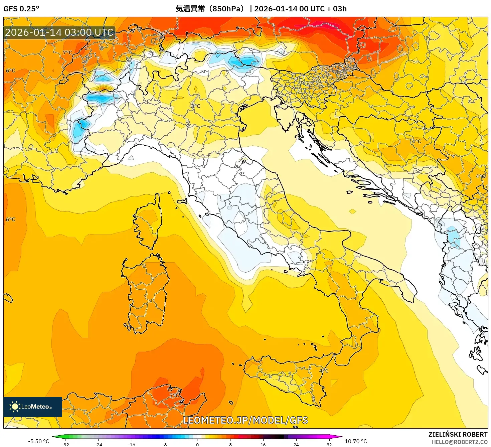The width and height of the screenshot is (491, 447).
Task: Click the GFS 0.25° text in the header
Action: point(21,9)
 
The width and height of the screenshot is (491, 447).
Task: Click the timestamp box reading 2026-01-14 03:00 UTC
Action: point(59,32)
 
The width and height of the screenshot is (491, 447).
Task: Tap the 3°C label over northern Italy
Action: point(195,106)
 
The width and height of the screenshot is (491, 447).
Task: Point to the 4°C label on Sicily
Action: point(324,370)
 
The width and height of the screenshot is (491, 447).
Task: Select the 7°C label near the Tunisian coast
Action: point(174,395)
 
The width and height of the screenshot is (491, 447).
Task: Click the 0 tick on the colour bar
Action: point(197,444)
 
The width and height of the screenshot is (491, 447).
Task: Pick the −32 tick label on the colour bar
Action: point(65,444)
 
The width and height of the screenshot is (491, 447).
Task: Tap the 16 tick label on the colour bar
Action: point(263,444)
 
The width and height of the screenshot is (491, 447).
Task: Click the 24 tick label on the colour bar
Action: point(296,444)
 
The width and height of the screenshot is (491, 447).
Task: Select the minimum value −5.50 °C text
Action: point(38,441)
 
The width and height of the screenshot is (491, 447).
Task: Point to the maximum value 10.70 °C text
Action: point(356,441)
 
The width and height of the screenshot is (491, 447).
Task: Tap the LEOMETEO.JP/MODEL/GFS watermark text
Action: point(246,420)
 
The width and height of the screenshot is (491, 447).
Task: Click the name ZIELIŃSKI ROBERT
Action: point(458,434)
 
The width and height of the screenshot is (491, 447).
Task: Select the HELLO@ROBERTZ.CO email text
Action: point(460,442)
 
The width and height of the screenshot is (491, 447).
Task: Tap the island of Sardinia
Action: point(147,294)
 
